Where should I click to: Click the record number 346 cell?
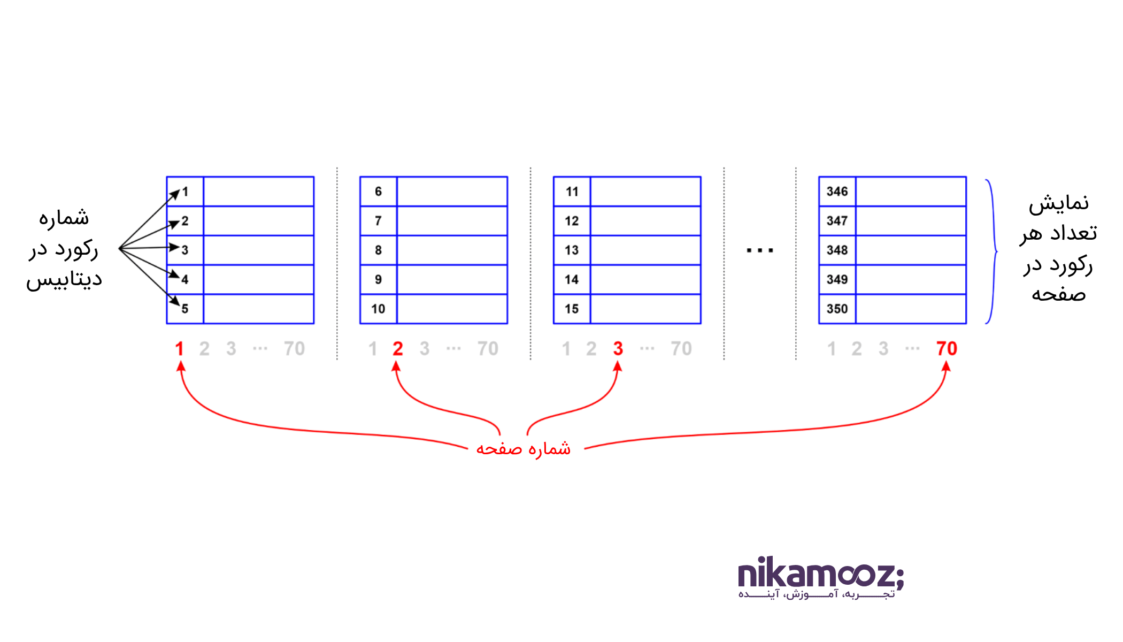coord(837,192)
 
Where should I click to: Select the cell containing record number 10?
coord(378,309)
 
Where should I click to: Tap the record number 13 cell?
coord(572,250)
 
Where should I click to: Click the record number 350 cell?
coord(837,309)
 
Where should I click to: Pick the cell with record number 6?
coord(378,192)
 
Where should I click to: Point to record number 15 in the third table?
coord(572,309)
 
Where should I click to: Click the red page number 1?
coord(180,349)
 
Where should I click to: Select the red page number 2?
coord(397,349)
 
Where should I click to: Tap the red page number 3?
coord(618,349)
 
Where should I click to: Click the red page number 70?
coord(947,349)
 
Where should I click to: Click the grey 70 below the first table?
coord(294,349)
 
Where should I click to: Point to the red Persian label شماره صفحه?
coord(524,448)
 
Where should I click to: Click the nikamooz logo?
coord(820,577)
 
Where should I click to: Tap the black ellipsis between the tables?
coord(760,250)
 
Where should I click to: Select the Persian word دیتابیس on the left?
coord(64,280)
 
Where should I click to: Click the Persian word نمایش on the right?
coord(1059,204)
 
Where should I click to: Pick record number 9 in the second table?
coord(378,280)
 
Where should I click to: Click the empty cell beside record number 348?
coord(911,250)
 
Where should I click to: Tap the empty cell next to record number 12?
coord(645,221)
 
